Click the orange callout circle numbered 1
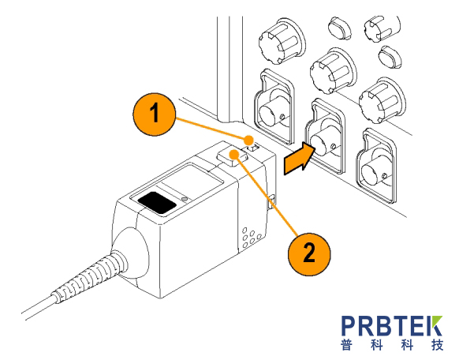pyautogui.click(x=155, y=114)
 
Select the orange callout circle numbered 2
pyautogui.click(x=309, y=254)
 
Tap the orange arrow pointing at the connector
pyautogui.click(x=299, y=159)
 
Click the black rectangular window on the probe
pyautogui.click(x=157, y=202)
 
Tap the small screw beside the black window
pyautogui.click(x=184, y=199)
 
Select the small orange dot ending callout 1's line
pyautogui.click(x=248, y=140)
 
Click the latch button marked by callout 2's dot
pyautogui.click(x=233, y=157)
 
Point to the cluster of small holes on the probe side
pyautogui.click(x=250, y=237)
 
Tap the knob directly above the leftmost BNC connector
pyautogui.click(x=282, y=41)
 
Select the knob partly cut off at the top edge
pyautogui.click(x=382, y=28)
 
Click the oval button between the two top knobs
pyautogui.click(x=340, y=28)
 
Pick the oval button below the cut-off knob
pyautogui.click(x=390, y=57)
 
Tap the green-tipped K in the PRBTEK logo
pyautogui.click(x=432, y=326)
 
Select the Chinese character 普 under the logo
pyautogui.click(x=347, y=345)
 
